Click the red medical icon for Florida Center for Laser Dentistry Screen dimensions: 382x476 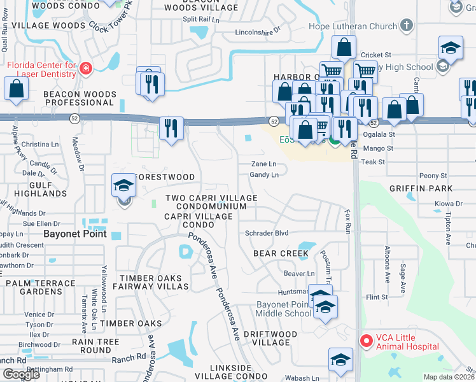click(x=87, y=67)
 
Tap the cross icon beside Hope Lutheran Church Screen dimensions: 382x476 click(x=406, y=26)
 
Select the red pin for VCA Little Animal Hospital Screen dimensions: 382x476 click(x=366, y=341)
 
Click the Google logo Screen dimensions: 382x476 click(x=21, y=374)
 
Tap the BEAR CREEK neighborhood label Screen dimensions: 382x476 click(x=281, y=253)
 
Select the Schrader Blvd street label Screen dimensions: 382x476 click(x=267, y=234)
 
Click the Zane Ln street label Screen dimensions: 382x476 click(x=264, y=164)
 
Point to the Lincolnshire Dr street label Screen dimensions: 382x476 click(x=258, y=31)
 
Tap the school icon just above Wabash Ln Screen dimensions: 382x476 click(x=340, y=360)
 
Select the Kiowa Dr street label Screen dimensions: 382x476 click(x=449, y=204)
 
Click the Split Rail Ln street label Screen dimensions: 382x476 click(x=200, y=19)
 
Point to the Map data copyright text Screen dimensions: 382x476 click(x=449, y=377)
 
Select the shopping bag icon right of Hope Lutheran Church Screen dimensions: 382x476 click(x=344, y=48)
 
